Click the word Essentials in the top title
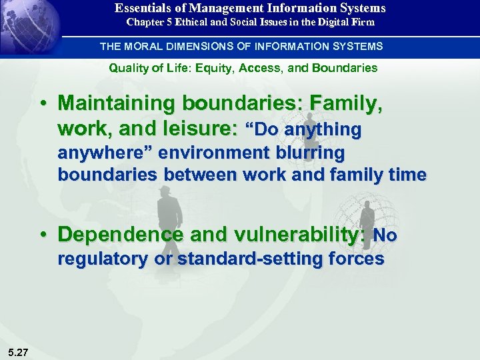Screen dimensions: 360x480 coord(141,9)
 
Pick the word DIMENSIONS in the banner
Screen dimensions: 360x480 coord(205,46)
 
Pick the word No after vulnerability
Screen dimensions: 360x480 coord(385,236)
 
